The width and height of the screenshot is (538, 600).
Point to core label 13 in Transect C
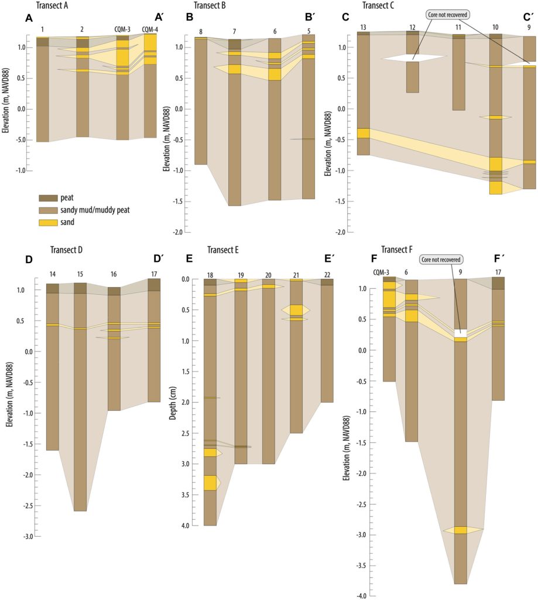363,27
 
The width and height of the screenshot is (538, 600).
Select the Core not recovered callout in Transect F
441,259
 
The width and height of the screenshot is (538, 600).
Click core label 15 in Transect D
80,274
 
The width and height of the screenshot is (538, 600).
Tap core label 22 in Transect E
327,274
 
